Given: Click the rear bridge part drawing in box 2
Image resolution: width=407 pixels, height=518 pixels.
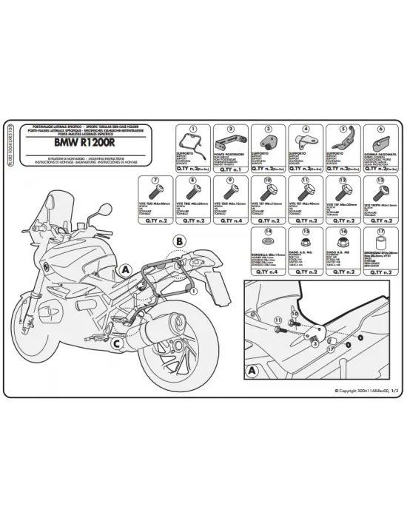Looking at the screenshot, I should [227, 140].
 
